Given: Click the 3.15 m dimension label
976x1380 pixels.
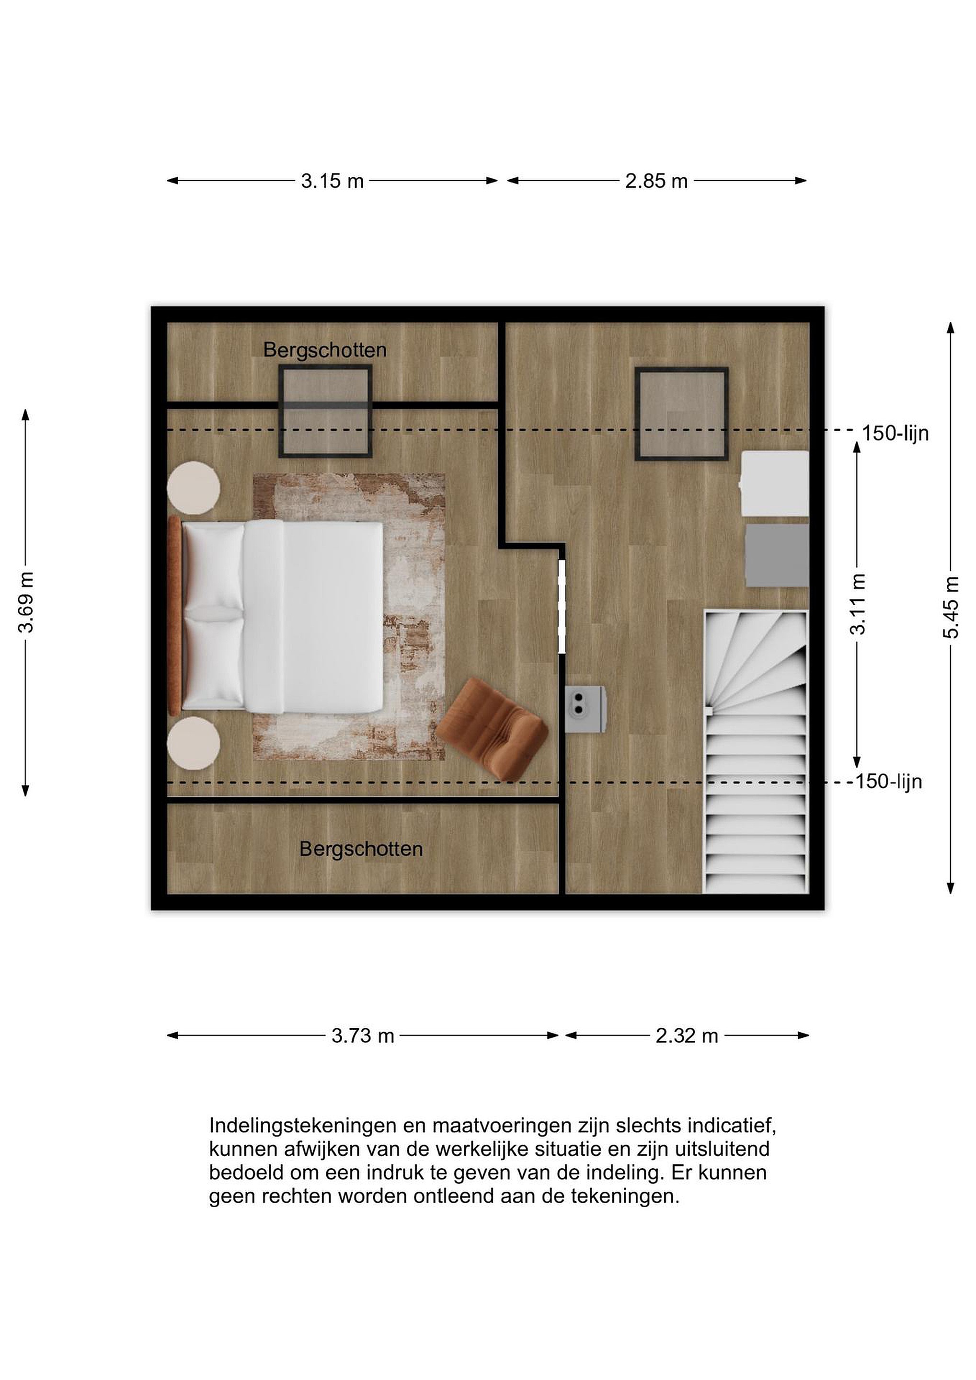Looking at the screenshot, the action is pos(333,181).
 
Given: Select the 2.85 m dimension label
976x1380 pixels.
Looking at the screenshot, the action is pos(656,181).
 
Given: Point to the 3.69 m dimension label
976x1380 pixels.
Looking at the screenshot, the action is pos(26,603).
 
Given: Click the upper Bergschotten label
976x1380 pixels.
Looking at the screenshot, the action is pos(324,350).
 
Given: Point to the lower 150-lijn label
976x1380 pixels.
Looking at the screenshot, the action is pos(889,782).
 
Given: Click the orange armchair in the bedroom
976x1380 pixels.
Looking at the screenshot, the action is pos(492,730).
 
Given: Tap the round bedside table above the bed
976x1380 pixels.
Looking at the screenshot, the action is pos(194,487).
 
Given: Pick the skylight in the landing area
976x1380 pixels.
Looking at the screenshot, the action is pos(682,414).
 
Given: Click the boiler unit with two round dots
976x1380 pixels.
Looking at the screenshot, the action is pos(585,709).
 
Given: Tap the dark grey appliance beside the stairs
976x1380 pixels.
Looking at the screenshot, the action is pos(777,555).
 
